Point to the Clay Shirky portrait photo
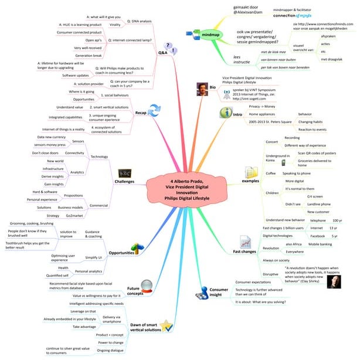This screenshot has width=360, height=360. (336, 281)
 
